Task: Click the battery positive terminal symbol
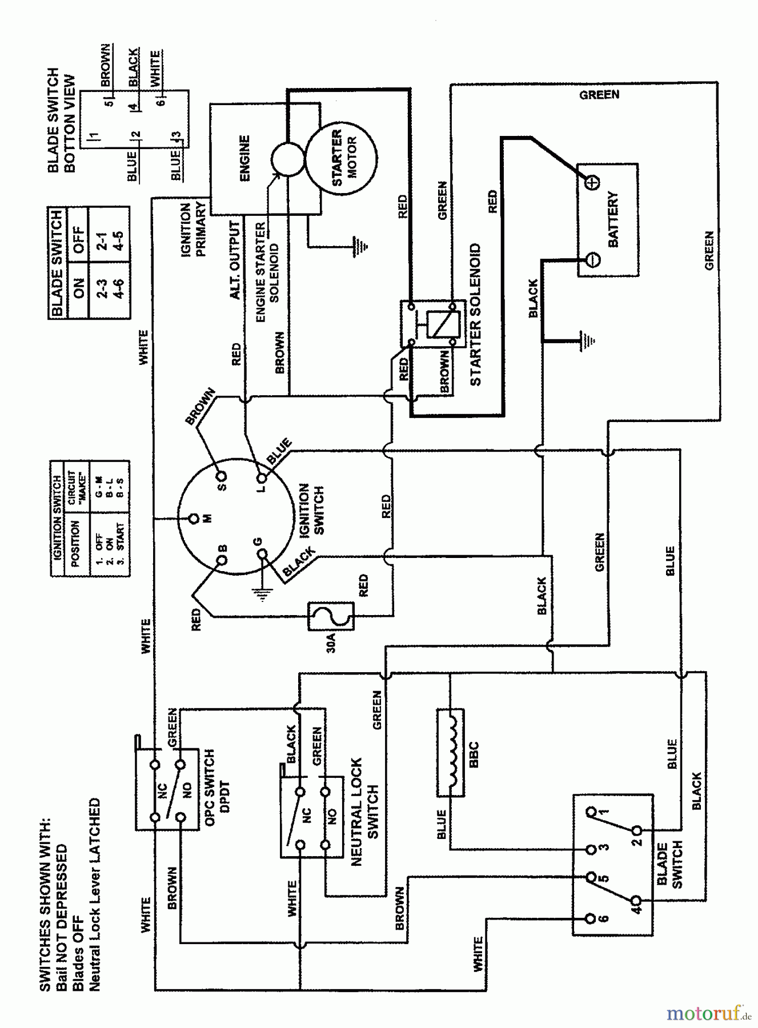point(593,183)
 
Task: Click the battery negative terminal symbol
point(593,259)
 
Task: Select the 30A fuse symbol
point(331,616)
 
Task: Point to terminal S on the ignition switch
point(221,476)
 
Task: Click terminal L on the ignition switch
point(262,477)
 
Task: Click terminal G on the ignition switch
point(262,553)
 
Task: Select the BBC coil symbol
point(450,753)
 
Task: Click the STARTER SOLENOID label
point(475,315)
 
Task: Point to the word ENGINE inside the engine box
point(244,158)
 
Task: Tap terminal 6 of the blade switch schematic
point(591,919)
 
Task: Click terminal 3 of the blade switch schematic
point(591,849)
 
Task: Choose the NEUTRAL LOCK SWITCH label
point(364,812)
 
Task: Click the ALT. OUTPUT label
point(235,260)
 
